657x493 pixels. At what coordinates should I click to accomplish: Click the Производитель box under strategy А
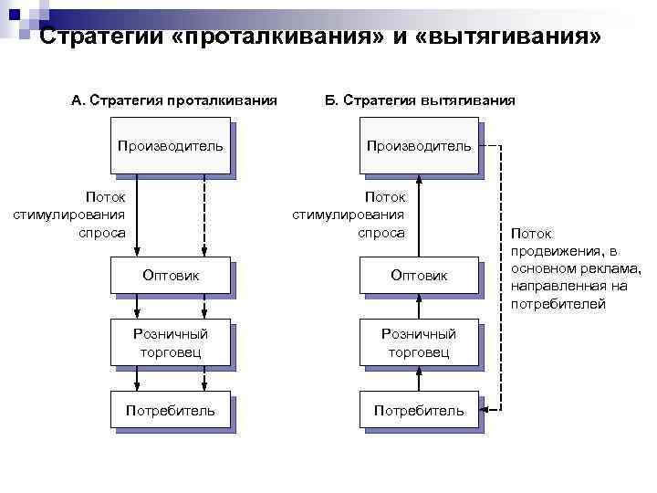click(170, 146)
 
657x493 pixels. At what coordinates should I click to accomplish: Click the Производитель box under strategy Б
click(419, 146)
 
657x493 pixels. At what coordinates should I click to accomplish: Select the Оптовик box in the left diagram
click(170, 275)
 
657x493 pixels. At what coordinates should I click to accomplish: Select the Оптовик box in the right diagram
click(419, 275)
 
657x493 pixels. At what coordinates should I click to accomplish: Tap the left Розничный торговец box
click(170, 342)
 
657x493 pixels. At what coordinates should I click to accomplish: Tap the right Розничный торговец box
click(419, 342)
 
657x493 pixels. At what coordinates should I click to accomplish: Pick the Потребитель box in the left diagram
click(170, 411)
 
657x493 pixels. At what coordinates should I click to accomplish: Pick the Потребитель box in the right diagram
click(419, 411)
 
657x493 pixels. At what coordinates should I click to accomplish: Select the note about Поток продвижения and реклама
click(576, 268)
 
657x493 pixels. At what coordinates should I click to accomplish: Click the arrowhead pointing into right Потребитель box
click(485, 410)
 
